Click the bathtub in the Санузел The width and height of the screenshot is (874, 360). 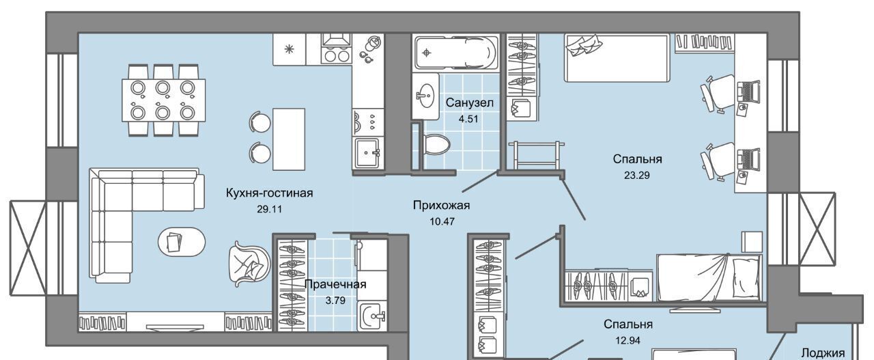click(x=455, y=53)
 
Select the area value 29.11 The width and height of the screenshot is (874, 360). click(x=269, y=209)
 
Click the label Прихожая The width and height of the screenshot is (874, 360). click(x=441, y=205)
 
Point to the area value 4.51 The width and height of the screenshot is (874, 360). click(x=468, y=119)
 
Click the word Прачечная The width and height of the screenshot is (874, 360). click(x=335, y=284)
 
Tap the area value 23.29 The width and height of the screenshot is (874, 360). click(x=637, y=176)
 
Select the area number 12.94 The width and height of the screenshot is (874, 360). click(x=628, y=340)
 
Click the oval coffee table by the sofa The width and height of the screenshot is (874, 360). click(x=182, y=242)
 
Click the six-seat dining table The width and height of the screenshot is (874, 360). click(x=163, y=100)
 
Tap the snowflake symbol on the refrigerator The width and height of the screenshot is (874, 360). click(x=289, y=49)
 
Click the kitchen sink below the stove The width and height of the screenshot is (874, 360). click(x=367, y=153)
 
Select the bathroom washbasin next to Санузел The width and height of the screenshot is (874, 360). click(x=425, y=96)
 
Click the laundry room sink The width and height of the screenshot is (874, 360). click(x=373, y=316)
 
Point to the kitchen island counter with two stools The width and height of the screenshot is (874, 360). click(x=288, y=139)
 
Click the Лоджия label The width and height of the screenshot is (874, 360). click(x=823, y=353)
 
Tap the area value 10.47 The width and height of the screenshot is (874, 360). click(x=442, y=222)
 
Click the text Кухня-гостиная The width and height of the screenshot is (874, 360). click(x=269, y=193)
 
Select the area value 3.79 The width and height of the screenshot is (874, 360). click(x=335, y=301)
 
